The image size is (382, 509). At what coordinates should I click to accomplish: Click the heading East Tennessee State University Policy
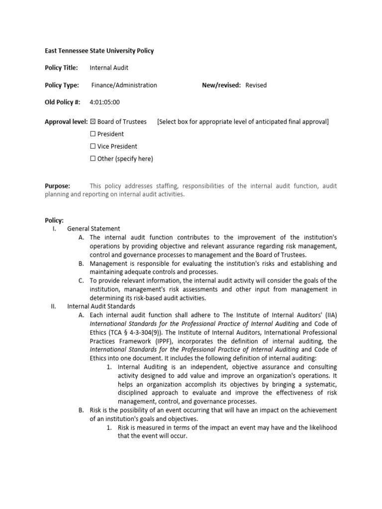click(x=99, y=51)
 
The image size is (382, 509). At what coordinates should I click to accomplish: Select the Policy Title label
click(x=62, y=68)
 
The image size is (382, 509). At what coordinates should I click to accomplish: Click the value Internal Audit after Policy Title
click(x=109, y=68)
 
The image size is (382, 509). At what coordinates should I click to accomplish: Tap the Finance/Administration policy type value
click(x=124, y=85)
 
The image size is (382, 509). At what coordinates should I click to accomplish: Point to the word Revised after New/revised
click(x=256, y=85)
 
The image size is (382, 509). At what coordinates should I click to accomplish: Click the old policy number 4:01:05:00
click(x=104, y=102)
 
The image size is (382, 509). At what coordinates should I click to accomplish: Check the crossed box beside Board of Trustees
click(x=93, y=122)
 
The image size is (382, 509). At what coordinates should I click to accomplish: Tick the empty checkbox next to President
click(x=93, y=134)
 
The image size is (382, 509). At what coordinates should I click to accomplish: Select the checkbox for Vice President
click(x=93, y=147)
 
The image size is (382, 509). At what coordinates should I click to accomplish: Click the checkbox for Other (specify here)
click(x=93, y=159)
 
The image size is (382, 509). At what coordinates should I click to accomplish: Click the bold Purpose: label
click(x=58, y=186)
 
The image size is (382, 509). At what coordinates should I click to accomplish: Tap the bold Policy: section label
click(x=54, y=220)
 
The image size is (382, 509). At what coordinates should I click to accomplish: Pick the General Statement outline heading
click(x=94, y=229)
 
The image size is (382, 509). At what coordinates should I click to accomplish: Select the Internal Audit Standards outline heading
click(x=101, y=306)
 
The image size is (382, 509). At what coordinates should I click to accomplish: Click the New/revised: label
click(x=221, y=85)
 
